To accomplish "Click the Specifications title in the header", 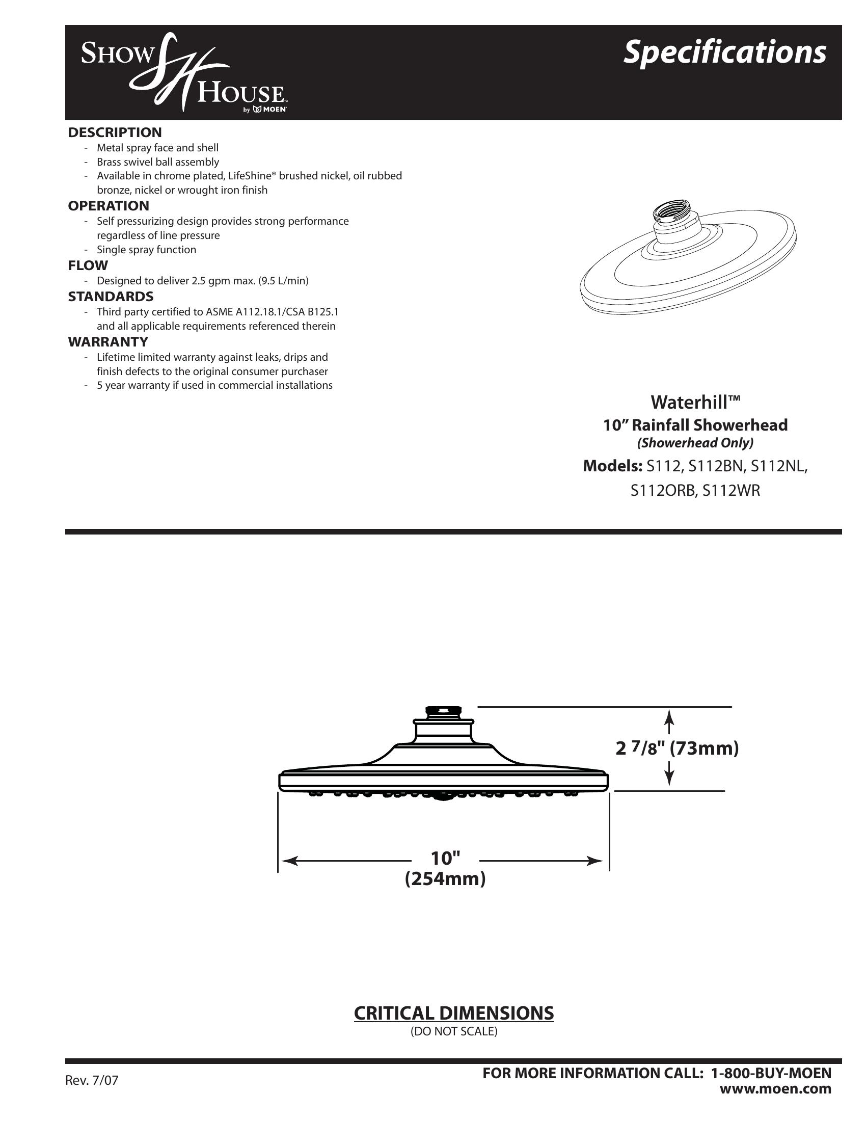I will pos(724,53).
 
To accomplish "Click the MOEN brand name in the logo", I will pos(275,110).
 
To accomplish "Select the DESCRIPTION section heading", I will pos(115,132).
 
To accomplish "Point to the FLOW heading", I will pos(88,265).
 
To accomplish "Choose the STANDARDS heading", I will pos(111,297).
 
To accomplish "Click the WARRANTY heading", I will pos(108,342).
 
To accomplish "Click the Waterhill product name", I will pos(695,402).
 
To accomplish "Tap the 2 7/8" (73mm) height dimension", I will pos(677,749).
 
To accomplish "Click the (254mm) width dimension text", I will pos(445,879).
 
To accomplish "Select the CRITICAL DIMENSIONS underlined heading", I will pos(453,1013).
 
